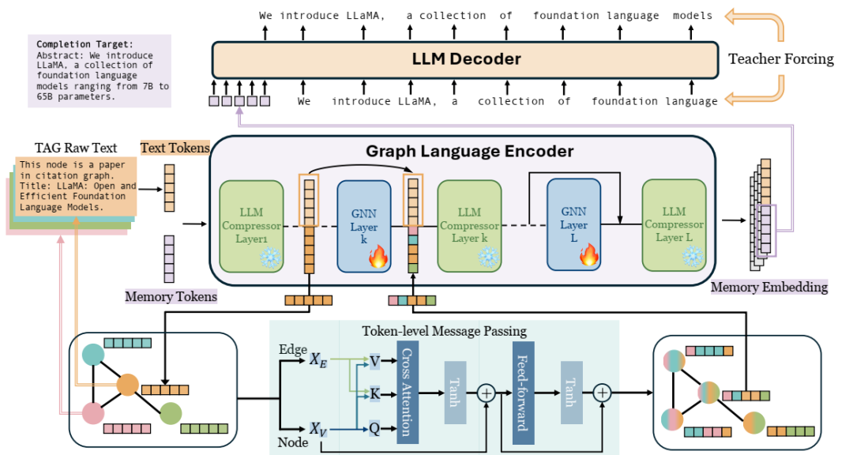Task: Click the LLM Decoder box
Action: pyautogui.click(x=465, y=59)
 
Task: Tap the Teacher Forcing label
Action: pyautogui.click(x=780, y=58)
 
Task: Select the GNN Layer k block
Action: pyautogui.click(x=364, y=227)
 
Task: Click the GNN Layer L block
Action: pyautogui.click(x=574, y=224)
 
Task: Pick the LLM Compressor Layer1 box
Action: pyautogui.click(x=251, y=225)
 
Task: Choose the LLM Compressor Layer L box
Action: pyautogui.click(x=674, y=225)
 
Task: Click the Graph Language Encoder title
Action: pyautogui.click(x=469, y=151)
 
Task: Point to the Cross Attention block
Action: pyautogui.click(x=408, y=392)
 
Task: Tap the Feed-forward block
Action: pyautogui.click(x=524, y=393)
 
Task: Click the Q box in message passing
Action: pyautogui.click(x=374, y=428)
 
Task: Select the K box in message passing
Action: pyautogui.click(x=374, y=394)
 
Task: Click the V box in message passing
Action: pyautogui.click(x=374, y=361)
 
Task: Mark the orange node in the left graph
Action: pyautogui.click(x=128, y=385)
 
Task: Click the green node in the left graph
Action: pyautogui.click(x=171, y=414)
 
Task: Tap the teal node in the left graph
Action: pyautogui.click(x=93, y=355)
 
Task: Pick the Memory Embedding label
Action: pyautogui.click(x=769, y=287)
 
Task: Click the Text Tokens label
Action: pyautogui.click(x=175, y=148)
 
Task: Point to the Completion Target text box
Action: pyautogui.click(x=100, y=71)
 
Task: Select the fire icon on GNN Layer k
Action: pyautogui.click(x=378, y=257)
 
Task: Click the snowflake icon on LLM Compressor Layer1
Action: pyautogui.click(x=270, y=258)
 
